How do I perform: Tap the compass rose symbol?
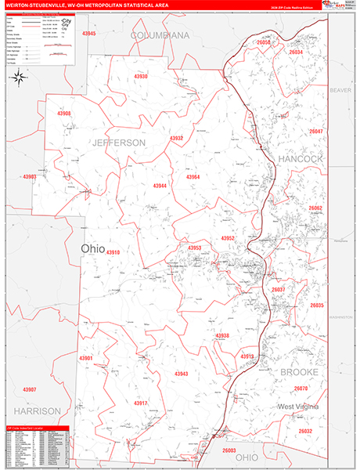[19, 77]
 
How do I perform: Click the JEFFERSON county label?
[118, 143]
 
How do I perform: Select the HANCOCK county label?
[300, 158]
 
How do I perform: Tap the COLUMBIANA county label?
[160, 36]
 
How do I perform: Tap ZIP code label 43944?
[160, 186]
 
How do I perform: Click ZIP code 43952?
[228, 237]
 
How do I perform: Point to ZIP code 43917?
[140, 403]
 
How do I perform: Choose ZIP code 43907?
[30, 389]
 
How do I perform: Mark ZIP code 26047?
[315, 132]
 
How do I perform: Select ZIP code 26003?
[229, 450]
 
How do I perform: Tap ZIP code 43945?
[88, 34]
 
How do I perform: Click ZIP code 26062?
[315, 208]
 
